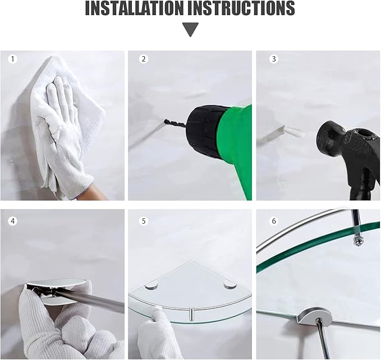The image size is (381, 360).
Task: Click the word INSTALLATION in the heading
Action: [134, 8]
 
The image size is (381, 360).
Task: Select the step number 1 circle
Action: [13, 59]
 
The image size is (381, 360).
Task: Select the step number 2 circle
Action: [143, 59]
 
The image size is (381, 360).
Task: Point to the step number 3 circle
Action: [274, 59]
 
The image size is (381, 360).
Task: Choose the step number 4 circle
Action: [13, 221]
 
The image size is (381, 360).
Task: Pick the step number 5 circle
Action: [143, 221]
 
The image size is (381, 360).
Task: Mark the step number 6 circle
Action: [274, 221]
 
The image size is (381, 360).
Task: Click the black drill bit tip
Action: [165, 121]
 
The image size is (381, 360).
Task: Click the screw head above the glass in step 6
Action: [357, 242]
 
